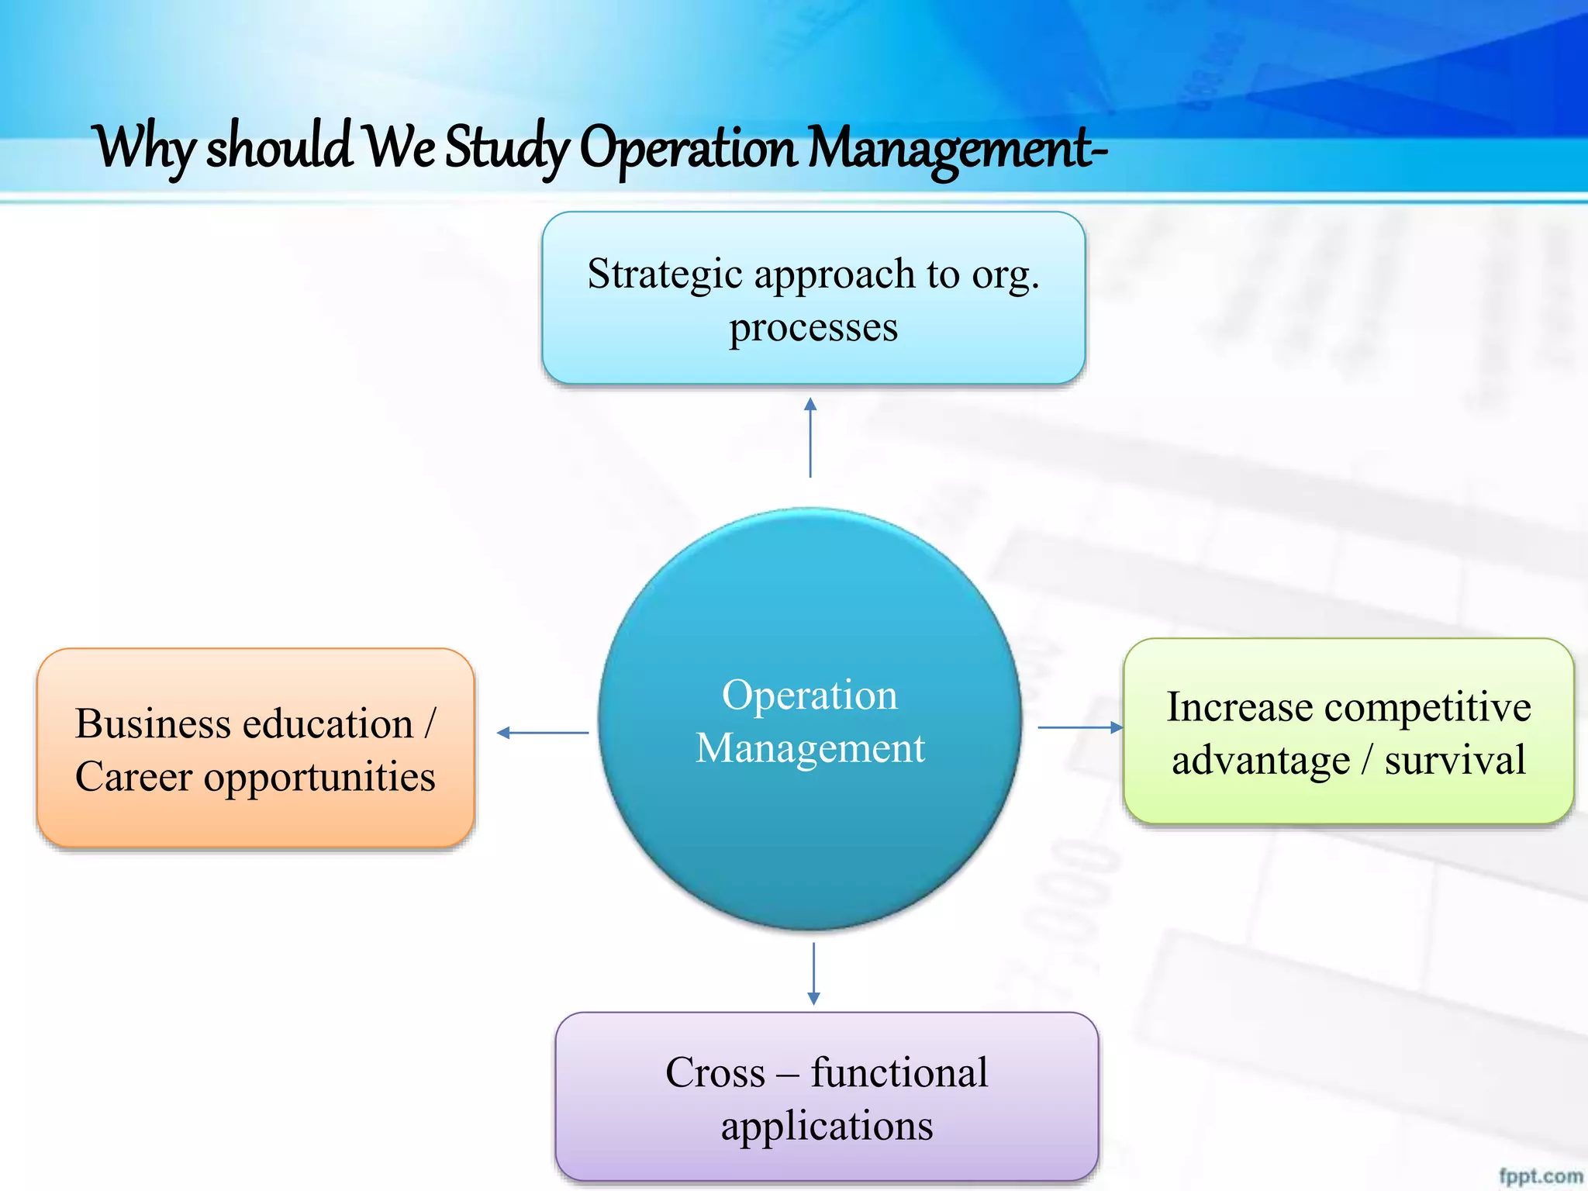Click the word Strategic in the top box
(665, 275)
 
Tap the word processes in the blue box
(813, 327)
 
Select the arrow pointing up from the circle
(810, 437)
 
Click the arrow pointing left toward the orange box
(542, 732)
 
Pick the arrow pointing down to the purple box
(813, 974)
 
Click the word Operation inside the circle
(810, 695)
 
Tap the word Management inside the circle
(810, 748)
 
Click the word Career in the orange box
(133, 776)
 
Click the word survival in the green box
(1455, 759)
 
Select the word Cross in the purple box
(715, 1073)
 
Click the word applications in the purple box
(827, 1126)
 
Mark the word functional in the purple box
(899, 1073)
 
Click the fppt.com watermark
(1540, 1175)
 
